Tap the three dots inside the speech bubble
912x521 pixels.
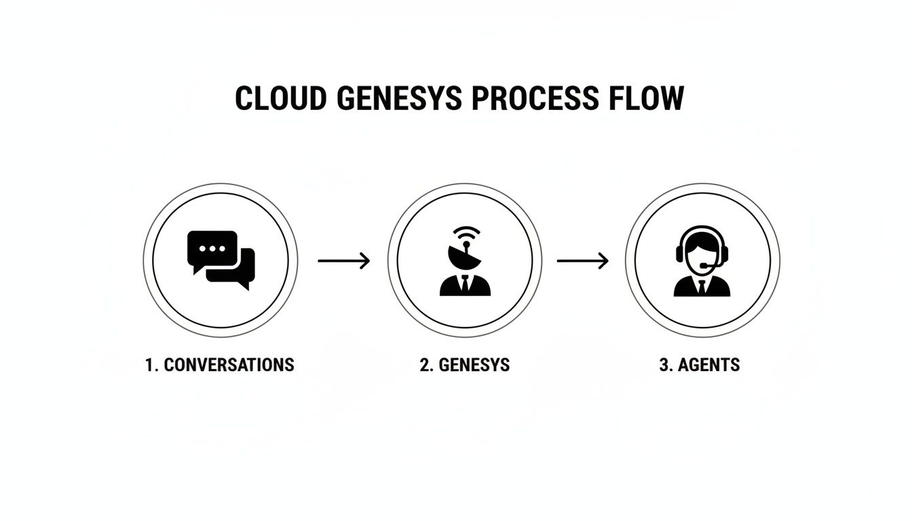[212, 249]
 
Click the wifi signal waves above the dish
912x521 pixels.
[466, 235]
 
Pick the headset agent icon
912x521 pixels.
[702, 261]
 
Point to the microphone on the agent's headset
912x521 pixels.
[708, 265]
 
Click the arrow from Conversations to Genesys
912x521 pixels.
[344, 260]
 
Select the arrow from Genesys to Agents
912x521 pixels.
[583, 260]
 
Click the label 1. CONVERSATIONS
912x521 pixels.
[220, 365]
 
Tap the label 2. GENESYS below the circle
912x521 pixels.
[465, 365]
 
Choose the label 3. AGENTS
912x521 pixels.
[700, 365]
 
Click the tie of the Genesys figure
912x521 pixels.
[465, 284]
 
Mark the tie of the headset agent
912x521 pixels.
[702, 286]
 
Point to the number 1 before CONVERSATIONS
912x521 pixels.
[150, 365]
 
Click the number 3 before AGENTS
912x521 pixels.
[664, 365]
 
